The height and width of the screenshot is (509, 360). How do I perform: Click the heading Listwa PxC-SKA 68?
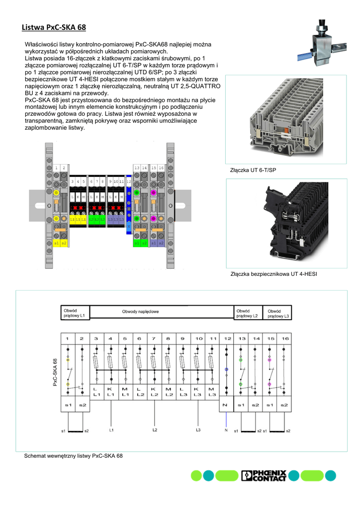[54, 27]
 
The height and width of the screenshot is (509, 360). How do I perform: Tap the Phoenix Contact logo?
[264, 476]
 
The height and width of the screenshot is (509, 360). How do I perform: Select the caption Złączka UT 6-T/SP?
[253, 170]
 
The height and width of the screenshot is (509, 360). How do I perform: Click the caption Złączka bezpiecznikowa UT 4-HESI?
[273, 274]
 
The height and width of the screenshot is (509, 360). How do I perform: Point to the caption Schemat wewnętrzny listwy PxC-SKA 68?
[73, 456]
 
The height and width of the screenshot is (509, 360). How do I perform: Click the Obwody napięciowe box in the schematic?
[161, 312]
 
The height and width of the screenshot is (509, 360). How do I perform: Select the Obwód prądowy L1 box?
[75, 312]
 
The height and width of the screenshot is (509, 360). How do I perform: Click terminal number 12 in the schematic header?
[227, 339]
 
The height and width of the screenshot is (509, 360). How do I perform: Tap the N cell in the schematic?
[227, 405]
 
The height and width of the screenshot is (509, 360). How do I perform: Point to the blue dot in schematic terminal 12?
[227, 369]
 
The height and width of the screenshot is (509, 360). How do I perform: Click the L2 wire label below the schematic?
[155, 429]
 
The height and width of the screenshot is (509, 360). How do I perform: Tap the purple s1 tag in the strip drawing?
[153, 243]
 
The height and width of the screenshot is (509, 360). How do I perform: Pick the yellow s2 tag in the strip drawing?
[64, 243]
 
